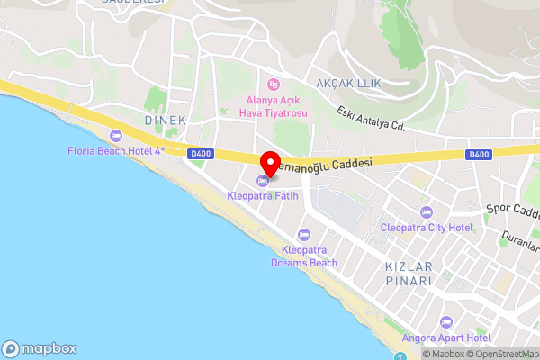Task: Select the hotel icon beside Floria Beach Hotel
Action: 115,136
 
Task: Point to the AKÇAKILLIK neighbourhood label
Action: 348,83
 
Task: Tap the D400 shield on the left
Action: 201,154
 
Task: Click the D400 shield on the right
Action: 479,155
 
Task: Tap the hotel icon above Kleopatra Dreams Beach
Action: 304,234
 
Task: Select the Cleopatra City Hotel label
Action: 426,228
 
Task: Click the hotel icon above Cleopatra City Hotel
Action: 426,212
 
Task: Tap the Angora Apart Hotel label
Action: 446,337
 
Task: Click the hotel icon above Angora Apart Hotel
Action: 445,321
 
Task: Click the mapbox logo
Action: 40,348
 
